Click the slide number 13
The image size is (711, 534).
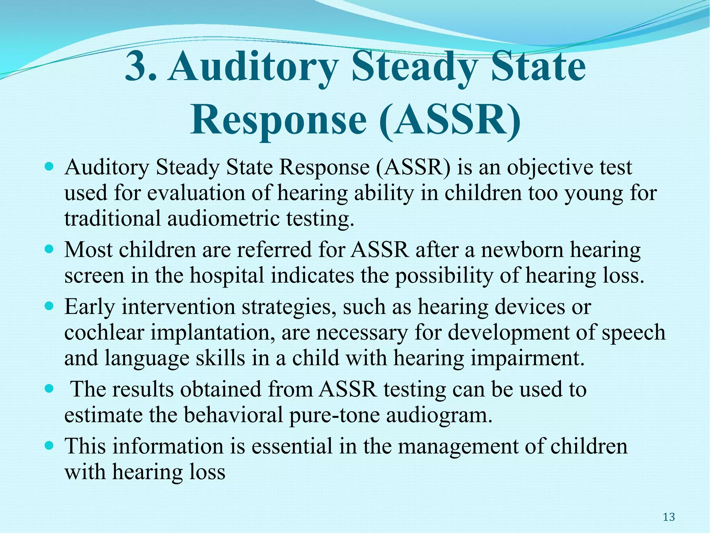[669, 517]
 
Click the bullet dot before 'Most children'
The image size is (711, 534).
[50, 249]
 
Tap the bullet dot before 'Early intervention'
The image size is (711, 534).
[50, 306]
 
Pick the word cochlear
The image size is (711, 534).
[104, 332]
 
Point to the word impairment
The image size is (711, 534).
[527, 358]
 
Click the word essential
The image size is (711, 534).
[292, 446]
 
